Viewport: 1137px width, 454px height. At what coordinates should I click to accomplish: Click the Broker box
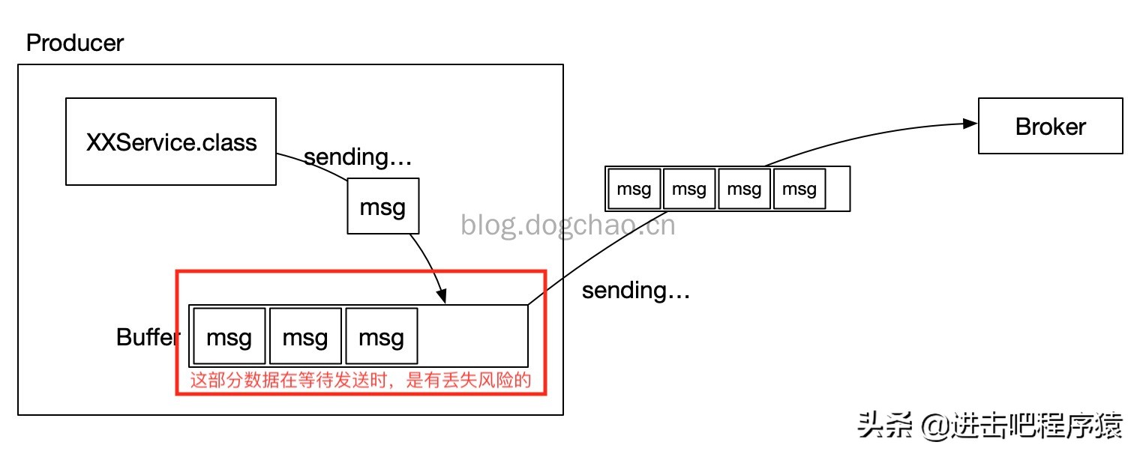click(1050, 127)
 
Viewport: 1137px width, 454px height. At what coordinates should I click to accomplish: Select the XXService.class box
click(171, 142)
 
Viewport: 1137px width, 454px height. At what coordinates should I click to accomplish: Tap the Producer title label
click(74, 43)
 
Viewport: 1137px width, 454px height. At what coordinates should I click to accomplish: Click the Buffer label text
click(146, 337)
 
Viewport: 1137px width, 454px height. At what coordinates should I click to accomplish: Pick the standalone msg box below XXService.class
click(382, 207)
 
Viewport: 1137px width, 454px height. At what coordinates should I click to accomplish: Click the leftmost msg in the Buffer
click(229, 336)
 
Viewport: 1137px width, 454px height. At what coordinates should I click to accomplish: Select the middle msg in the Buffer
click(305, 336)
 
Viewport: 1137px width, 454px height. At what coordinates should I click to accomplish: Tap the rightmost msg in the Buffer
click(381, 336)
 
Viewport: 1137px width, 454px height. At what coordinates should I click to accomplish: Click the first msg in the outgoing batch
click(634, 189)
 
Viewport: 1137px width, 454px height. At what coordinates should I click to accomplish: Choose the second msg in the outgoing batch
click(689, 189)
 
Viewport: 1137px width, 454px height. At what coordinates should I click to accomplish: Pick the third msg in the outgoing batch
click(744, 189)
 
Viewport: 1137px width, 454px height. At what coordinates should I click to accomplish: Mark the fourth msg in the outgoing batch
click(799, 189)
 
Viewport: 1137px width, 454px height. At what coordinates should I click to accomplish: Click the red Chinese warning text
click(360, 380)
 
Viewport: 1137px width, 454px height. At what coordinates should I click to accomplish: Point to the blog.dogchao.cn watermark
click(568, 224)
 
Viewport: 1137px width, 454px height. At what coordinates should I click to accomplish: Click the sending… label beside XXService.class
click(358, 157)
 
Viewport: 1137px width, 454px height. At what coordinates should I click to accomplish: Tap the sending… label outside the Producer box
click(636, 290)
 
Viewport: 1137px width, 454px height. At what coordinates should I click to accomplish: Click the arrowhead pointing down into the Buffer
click(442, 297)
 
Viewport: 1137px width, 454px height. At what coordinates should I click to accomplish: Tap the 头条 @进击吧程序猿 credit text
click(990, 426)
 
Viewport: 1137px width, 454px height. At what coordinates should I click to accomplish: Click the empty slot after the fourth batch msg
click(838, 189)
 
